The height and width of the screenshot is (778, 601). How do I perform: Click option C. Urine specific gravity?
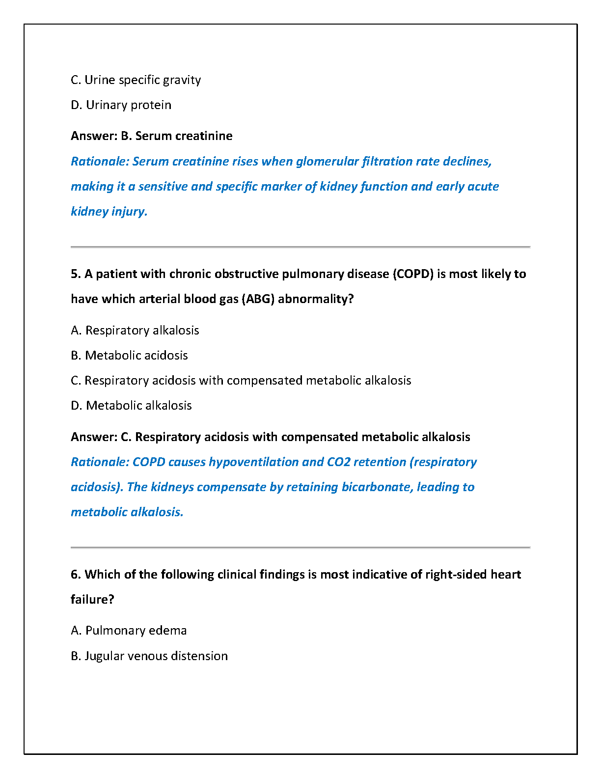tap(136, 80)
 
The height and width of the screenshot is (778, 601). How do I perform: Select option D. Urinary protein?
tap(121, 105)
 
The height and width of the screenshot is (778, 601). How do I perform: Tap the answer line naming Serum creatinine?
tap(151, 136)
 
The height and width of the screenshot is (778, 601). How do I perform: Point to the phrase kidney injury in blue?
tap(109, 212)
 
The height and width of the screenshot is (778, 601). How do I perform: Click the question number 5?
tap(75, 274)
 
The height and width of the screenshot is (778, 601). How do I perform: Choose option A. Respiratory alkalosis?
tap(135, 331)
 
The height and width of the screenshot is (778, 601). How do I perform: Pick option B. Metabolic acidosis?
tap(129, 356)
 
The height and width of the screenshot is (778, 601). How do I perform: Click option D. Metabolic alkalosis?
tap(131, 406)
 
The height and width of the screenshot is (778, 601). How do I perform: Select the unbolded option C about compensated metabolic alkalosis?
tap(241, 381)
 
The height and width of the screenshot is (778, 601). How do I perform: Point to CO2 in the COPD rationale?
tap(338, 462)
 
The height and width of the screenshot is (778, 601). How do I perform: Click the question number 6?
tap(75, 575)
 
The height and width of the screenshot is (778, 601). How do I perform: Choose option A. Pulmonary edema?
tap(129, 631)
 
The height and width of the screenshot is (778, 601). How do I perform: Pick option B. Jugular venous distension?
tap(149, 656)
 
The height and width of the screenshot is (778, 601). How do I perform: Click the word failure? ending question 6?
tap(92, 600)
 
